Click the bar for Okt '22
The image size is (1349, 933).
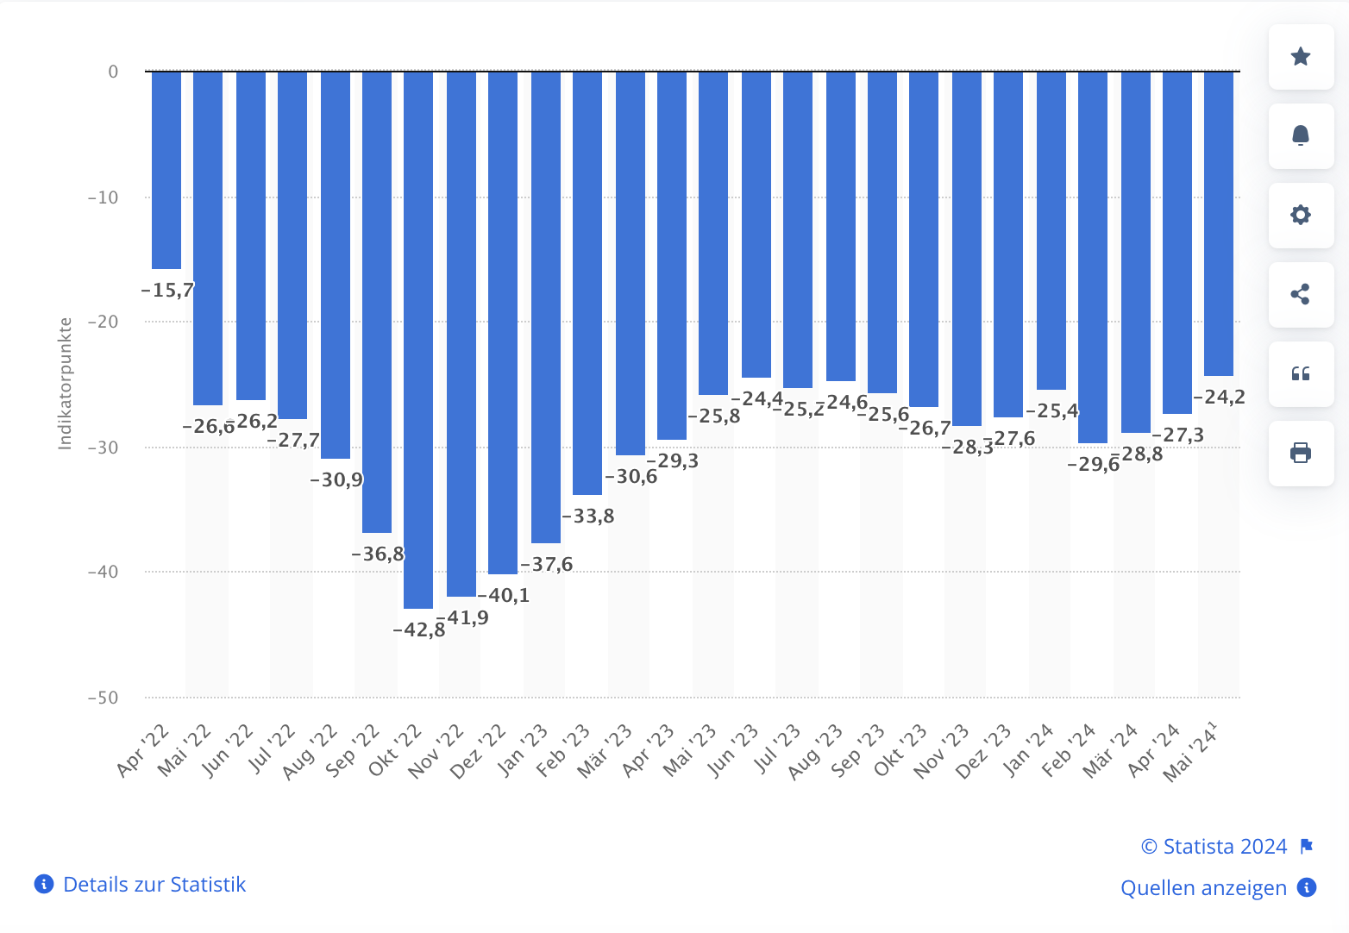coord(418,340)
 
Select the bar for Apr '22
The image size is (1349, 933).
coord(166,170)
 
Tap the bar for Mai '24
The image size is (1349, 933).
coord(1218,223)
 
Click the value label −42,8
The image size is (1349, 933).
coord(419,630)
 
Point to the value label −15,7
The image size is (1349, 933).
coord(167,291)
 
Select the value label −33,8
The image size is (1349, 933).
coord(588,517)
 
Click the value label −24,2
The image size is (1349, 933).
coord(1219,398)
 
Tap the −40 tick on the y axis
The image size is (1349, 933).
coord(103,573)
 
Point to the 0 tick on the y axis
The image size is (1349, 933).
coord(113,72)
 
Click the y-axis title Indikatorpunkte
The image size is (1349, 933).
coord(66,384)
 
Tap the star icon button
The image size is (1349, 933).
coord(1301,57)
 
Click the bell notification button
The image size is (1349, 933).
coord(1301,136)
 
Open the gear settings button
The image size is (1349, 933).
coord(1301,216)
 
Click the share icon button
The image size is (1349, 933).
coord(1301,295)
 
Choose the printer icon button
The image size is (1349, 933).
coord(1301,454)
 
